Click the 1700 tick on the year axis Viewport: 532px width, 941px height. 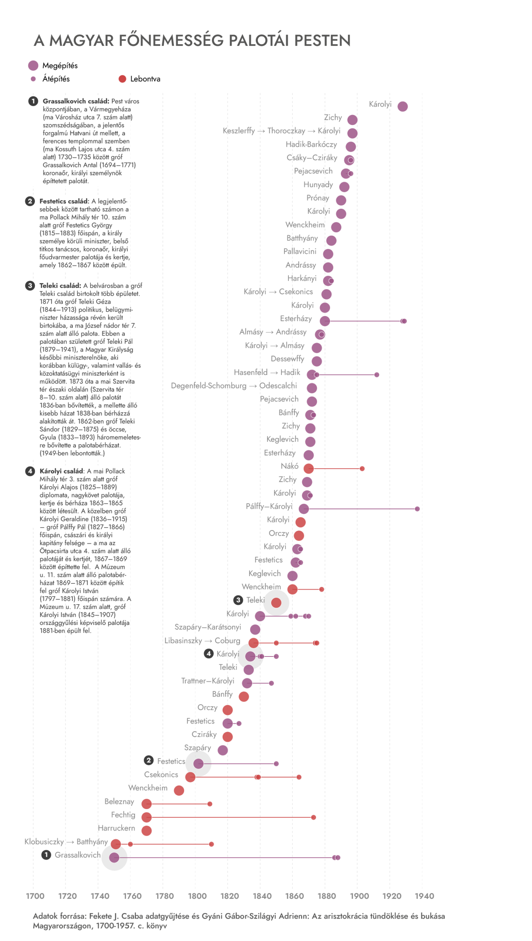pos(35,895)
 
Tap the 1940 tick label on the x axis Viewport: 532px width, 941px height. pos(424,895)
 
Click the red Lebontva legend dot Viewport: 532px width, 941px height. pos(122,79)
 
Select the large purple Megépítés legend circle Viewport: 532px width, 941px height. pos(33,65)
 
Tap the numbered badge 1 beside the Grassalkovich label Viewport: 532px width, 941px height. pos(46,854)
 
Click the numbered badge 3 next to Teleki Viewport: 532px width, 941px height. pos(238,600)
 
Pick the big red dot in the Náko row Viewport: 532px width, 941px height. pos(308,468)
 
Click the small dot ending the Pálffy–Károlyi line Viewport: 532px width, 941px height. pos(417,508)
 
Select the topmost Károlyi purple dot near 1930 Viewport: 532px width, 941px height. pos(402,106)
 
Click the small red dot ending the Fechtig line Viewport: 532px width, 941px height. pos(313,817)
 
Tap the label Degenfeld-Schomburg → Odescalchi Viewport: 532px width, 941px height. pos(234,386)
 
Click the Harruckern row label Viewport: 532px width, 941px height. pos(116,828)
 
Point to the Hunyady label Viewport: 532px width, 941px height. pos(318,185)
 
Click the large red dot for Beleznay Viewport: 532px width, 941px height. pos(147,804)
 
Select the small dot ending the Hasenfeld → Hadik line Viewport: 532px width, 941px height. pos(376,375)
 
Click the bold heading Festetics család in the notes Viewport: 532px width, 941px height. pos(64,201)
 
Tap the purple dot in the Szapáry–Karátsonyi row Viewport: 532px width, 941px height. pos(255,629)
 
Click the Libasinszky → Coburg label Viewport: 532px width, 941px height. pos(202,640)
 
